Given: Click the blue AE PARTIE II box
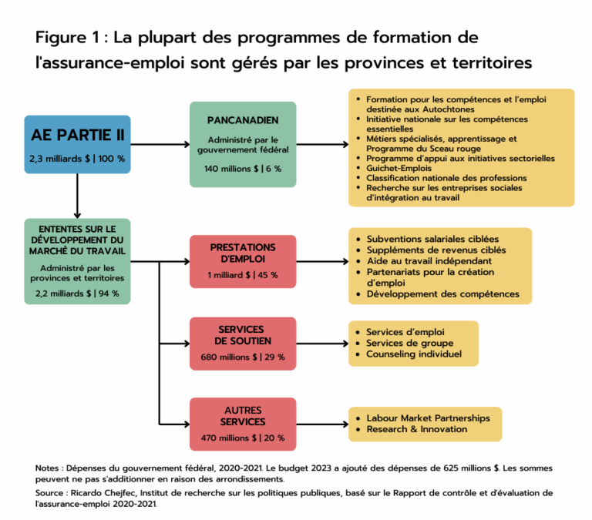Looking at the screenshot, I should pyautogui.click(x=77, y=144).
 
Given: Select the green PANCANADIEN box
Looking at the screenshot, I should pyautogui.click(x=243, y=144).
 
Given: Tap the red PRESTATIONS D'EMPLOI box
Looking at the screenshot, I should pyautogui.click(x=243, y=260).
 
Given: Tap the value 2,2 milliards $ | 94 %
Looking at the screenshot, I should pyautogui.click(x=77, y=294).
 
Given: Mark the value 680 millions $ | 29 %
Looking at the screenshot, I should pyautogui.click(x=243, y=357).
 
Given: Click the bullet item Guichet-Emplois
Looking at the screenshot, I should pyautogui.click(x=402, y=169).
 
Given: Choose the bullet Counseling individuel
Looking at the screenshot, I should pyautogui.click(x=414, y=354).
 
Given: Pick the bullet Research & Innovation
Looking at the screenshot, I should pyautogui.click(x=416, y=429).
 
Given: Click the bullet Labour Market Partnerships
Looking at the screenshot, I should pyautogui.click(x=428, y=418).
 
